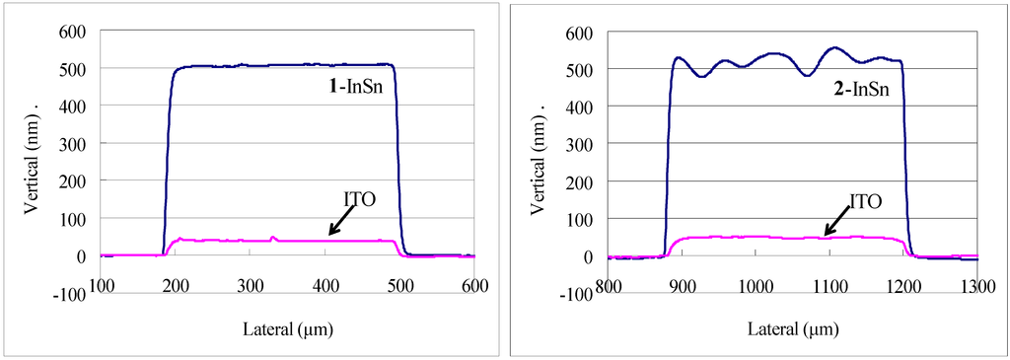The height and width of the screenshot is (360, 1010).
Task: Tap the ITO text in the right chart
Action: (x=865, y=201)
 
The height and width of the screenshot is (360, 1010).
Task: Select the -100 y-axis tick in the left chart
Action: (x=72, y=293)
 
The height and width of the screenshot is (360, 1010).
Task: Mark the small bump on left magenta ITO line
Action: (x=274, y=238)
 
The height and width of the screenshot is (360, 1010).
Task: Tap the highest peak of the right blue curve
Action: (x=833, y=47)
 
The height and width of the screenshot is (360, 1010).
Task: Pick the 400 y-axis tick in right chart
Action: (x=581, y=107)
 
